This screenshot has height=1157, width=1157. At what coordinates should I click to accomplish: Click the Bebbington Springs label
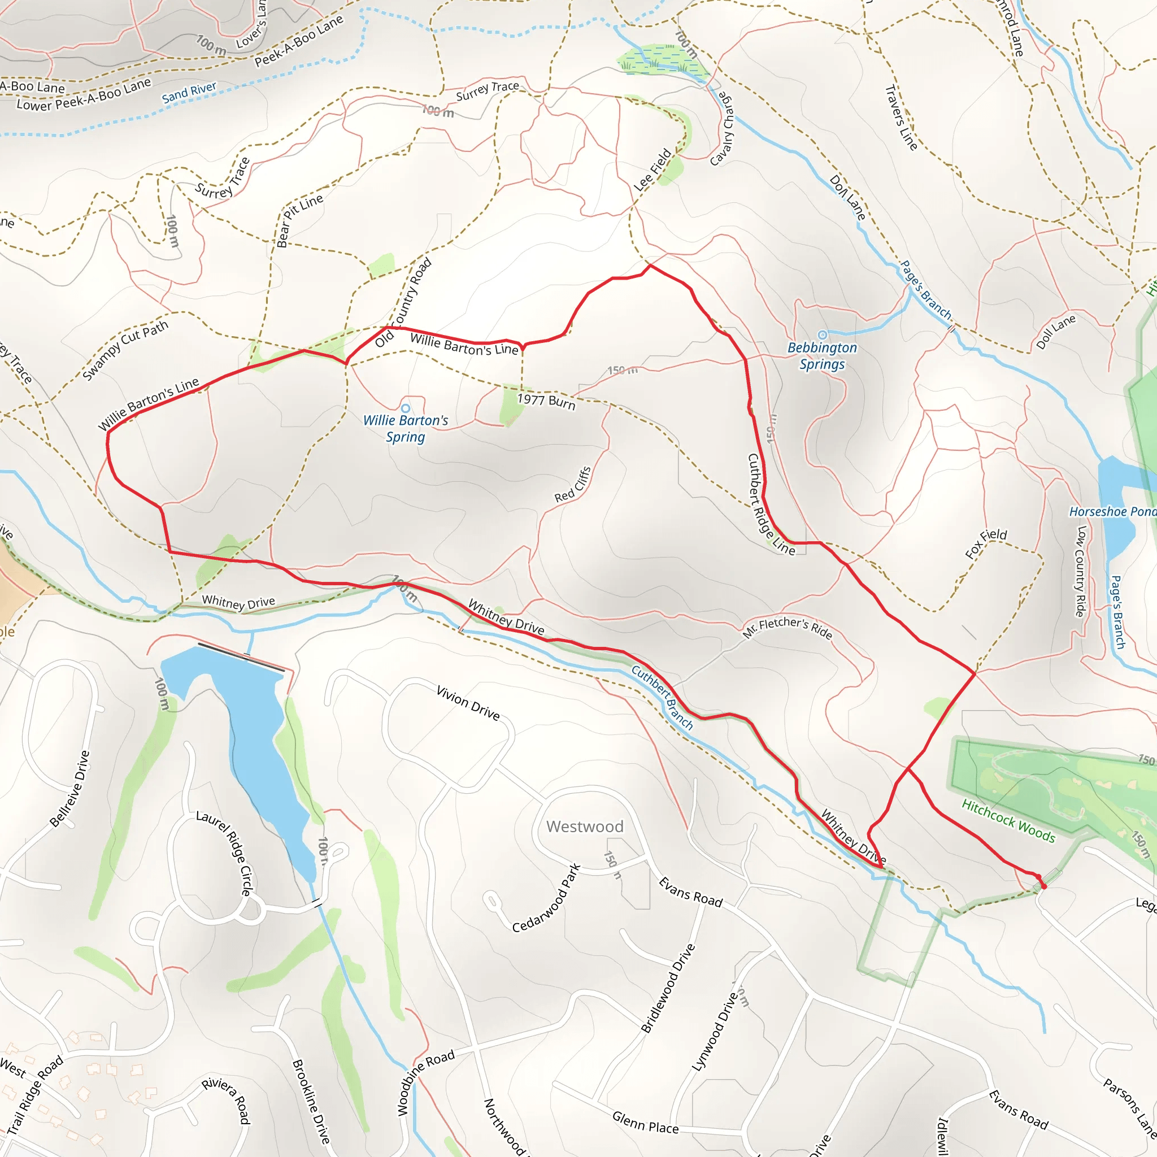pos(821,356)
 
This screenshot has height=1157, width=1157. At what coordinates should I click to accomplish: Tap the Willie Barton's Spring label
pos(406,428)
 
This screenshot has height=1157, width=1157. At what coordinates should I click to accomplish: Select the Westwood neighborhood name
pos(585,827)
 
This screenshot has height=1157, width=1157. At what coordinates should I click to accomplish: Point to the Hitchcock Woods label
pos(1008,821)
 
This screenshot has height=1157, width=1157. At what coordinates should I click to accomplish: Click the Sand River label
pos(189,92)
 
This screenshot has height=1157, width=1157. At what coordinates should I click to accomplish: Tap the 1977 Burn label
pos(546,401)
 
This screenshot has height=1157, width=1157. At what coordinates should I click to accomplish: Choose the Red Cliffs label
pos(573,485)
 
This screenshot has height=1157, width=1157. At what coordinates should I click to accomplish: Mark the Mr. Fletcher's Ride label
pos(788,627)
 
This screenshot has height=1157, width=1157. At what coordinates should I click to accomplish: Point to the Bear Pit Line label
pos(299,220)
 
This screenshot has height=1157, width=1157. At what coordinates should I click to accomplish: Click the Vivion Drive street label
pos(468,703)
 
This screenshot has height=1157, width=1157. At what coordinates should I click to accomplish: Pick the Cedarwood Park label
pos(546,898)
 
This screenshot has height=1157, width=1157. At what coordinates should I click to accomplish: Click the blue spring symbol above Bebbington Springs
pos(822,335)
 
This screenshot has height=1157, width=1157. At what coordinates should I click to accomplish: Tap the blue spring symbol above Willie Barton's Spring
pos(406,408)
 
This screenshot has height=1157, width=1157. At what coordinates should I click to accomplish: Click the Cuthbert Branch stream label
pos(662,698)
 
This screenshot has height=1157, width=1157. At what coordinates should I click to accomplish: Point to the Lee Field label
pos(653,170)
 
